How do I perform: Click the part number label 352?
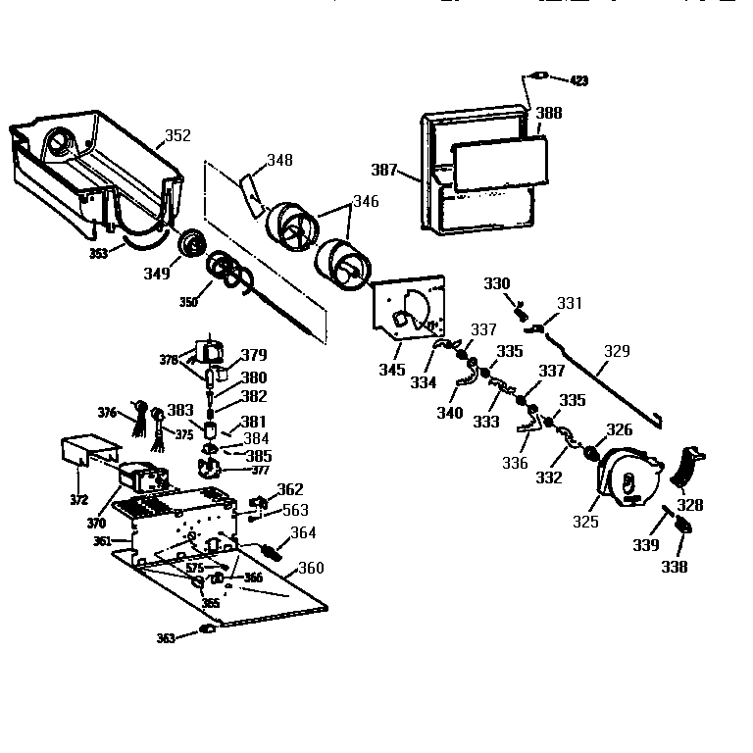[x=177, y=136]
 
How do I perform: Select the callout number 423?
[x=579, y=79]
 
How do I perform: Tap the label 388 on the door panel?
[x=549, y=114]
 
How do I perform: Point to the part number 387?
[x=384, y=170]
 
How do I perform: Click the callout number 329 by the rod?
[x=617, y=350]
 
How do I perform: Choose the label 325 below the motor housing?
[x=585, y=522]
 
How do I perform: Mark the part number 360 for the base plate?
[x=310, y=569]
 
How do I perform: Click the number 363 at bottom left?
[x=166, y=638]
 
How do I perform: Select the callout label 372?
[x=78, y=500]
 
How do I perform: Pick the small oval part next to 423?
[x=538, y=76]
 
